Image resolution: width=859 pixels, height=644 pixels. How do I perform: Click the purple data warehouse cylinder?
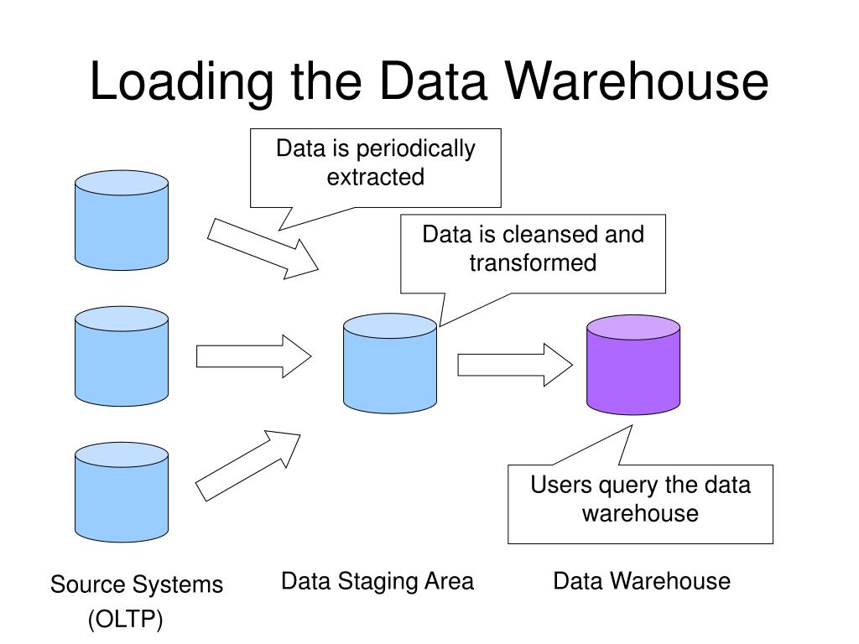633,365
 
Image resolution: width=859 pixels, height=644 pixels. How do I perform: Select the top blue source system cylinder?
122,221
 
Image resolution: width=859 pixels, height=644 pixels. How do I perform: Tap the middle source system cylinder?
122,356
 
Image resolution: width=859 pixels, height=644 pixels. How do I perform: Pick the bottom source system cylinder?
122,492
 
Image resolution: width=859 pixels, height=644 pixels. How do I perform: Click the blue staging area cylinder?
390,363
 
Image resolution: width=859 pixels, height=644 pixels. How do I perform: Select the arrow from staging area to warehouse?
515,365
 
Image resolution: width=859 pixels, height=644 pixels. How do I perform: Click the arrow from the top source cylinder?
263,248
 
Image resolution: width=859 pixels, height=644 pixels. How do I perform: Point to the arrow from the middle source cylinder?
253,356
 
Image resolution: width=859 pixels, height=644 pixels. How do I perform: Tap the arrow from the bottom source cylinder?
248,465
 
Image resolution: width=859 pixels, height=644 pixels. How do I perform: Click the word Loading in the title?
181,82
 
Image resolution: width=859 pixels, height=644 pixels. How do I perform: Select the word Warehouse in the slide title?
636,81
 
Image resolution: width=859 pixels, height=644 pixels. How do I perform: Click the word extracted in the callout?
376,177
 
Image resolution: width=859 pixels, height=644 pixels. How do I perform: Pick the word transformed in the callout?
533,262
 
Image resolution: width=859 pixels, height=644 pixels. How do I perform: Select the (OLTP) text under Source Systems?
126,620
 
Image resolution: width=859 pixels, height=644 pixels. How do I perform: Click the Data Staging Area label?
377,582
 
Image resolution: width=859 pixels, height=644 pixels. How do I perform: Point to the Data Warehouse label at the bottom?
642,580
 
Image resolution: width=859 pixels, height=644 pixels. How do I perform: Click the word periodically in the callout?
416,149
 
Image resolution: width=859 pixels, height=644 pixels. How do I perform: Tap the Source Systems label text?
137,584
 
